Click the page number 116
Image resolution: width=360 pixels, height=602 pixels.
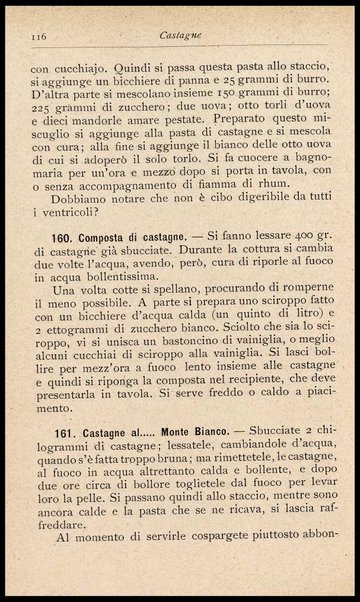(41, 35)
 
